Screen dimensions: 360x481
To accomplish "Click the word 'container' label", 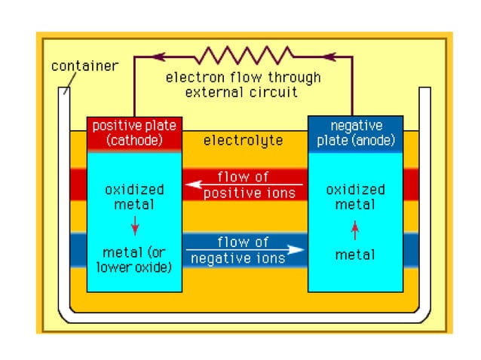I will pyautogui.click(x=84, y=66).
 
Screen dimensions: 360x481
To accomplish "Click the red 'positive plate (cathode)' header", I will pyautogui.click(x=135, y=133).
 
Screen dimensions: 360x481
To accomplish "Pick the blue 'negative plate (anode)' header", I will pyautogui.click(x=355, y=133).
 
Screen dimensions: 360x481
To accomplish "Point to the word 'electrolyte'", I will pyautogui.click(x=243, y=140).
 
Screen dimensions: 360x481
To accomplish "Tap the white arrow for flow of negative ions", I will pyautogui.click(x=245, y=250).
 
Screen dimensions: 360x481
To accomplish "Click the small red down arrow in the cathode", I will pyautogui.click(x=135, y=224).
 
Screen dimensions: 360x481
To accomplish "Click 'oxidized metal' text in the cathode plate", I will pyautogui.click(x=135, y=196).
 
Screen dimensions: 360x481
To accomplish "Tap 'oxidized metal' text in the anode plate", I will pyautogui.click(x=355, y=196).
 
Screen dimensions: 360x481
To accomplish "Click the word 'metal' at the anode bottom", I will pyautogui.click(x=355, y=255).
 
